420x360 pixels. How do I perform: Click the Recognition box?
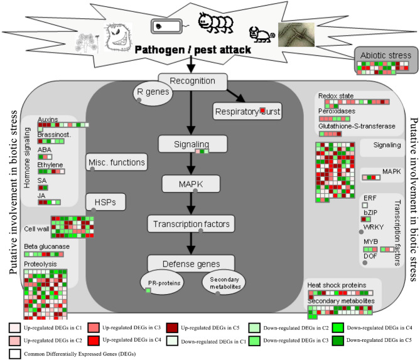193,81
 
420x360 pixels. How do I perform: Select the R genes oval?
153,93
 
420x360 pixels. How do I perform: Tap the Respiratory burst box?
247,111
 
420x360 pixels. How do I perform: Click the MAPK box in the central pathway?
191,184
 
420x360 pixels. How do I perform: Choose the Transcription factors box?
191,224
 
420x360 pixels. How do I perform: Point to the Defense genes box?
191,263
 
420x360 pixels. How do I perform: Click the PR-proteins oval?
162,282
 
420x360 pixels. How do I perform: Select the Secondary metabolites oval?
223,282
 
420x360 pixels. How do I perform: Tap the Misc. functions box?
117,162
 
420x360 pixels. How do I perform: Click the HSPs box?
105,202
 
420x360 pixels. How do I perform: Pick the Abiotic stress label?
385,55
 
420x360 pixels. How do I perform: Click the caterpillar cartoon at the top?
215,23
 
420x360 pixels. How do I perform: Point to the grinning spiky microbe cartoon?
117,37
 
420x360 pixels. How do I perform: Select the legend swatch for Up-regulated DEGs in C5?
172,327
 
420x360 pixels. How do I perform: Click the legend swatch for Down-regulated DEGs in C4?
338,327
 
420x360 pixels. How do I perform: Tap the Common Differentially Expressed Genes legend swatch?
14,354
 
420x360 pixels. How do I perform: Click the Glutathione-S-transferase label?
357,126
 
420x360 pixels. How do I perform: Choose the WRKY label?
374,227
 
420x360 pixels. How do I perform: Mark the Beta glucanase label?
47,246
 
